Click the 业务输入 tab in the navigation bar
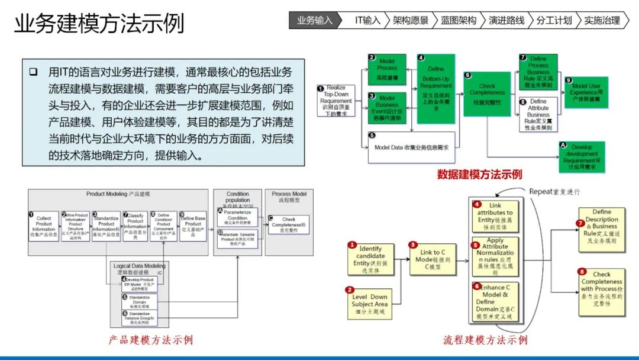tap(314, 20)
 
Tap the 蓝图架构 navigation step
tap(458, 20)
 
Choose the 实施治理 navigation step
tap(602, 20)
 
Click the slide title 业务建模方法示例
tap(99, 24)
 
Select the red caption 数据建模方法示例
tap(479, 174)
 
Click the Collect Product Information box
tap(43, 227)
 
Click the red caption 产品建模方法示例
tap(150, 340)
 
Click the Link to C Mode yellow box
tap(434, 259)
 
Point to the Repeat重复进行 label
tap(554, 192)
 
